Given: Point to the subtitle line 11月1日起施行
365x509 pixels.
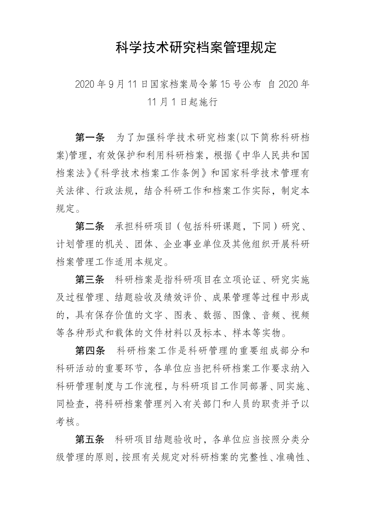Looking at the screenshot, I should click(x=182, y=102).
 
